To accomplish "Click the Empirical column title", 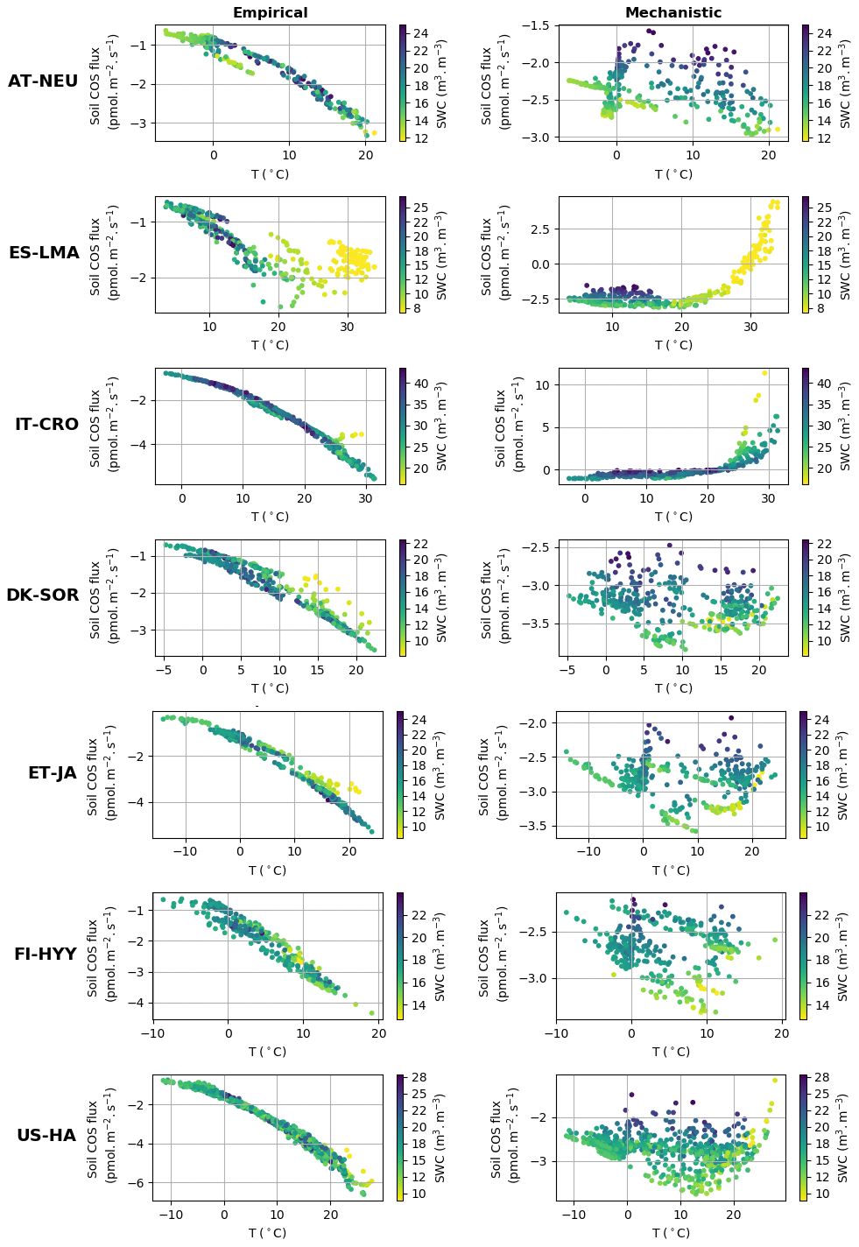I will coord(270,13).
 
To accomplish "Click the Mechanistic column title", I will coord(672,13).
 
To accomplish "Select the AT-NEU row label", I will coord(43,81).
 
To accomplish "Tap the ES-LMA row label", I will coord(44,253).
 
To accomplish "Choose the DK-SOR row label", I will coord(43,595).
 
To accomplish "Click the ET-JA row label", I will coord(53,773).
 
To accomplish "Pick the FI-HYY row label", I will coord(46,955).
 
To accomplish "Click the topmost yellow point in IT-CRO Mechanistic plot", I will coord(764,373).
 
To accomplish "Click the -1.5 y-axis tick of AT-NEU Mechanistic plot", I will coord(537,26).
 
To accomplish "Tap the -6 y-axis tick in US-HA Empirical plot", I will coord(137,1182).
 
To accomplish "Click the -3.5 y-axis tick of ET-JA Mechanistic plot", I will coord(534,826).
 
